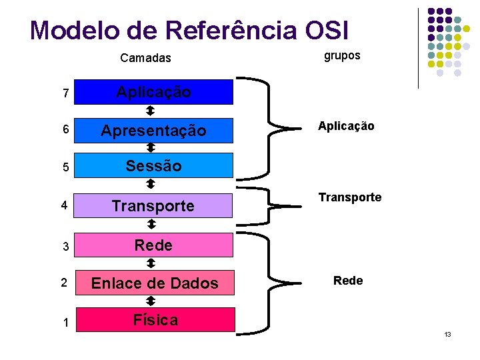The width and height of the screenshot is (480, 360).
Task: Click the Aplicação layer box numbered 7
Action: tap(153, 93)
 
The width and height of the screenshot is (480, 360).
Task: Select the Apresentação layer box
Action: tap(153, 131)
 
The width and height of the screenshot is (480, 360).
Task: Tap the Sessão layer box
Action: tap(153, 165)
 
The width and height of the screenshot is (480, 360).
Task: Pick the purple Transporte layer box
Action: tap(153, 206)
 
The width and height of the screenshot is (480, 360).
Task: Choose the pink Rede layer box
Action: tap(153, 245)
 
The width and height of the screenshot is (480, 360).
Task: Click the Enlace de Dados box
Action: tap(155, 283)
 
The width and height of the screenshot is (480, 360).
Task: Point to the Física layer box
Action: tap(155, 320)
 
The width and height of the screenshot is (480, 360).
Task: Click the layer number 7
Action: tap(65, 95)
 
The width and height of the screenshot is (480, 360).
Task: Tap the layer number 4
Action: tap(64, 206)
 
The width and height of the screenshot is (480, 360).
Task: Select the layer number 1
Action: tap(65, 323)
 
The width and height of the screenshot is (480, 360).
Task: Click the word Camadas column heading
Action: tap(145, 58)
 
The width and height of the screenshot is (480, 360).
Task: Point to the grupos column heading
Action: tap(342, 56)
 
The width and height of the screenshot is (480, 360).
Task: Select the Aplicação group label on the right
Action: tap(346, 126)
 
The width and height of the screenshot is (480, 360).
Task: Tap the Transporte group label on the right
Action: tap(350, 197)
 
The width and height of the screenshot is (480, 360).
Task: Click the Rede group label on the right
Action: tap(348, 281)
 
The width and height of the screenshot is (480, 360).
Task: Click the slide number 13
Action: tap(447, 333)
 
